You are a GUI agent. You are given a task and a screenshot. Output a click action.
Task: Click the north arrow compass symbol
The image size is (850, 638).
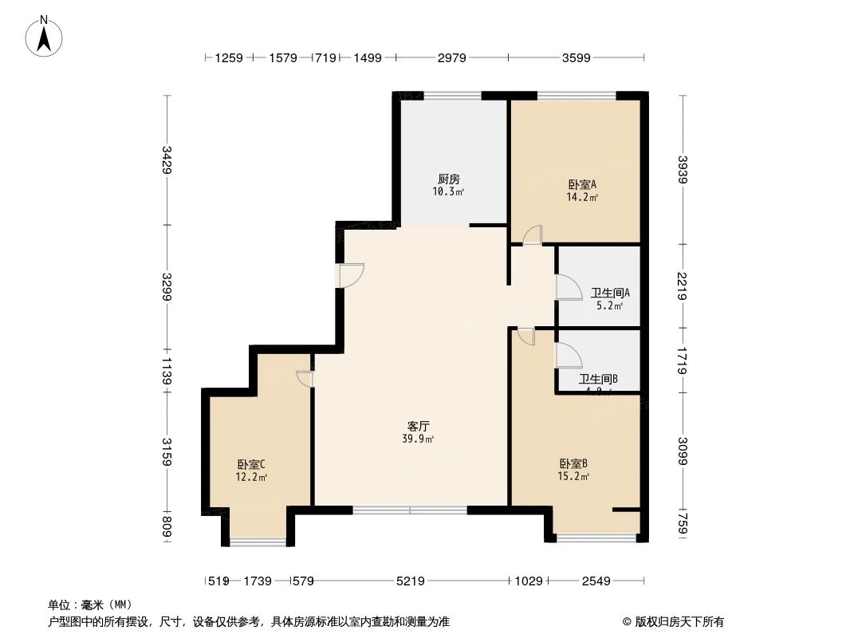pos(45,36)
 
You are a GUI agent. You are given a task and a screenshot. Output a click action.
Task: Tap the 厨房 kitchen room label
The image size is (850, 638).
pos(449,179)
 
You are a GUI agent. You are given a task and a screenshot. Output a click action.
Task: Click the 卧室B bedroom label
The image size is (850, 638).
pos(573,463)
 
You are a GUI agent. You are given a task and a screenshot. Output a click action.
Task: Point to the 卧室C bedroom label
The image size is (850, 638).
pos(250,464)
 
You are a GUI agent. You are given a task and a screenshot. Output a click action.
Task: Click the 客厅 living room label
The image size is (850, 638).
pos(419,426)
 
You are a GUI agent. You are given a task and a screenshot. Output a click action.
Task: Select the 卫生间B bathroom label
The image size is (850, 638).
pos(598,379)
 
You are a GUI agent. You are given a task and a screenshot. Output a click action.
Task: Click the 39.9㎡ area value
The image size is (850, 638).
pos(419,439)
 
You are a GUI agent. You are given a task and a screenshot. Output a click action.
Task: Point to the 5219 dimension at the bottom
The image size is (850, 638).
pos(411,581)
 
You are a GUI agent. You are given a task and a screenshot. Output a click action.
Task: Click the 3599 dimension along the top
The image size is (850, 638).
pos(577,57)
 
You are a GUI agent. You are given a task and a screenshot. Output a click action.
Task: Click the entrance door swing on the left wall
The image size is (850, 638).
pos(351,275)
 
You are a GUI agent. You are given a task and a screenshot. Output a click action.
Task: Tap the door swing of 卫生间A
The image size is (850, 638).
pos(569,287)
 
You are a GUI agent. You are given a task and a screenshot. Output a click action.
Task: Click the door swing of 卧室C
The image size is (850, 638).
pos(305,379)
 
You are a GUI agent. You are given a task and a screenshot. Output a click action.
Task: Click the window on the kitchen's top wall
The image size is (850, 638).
pos(452,96)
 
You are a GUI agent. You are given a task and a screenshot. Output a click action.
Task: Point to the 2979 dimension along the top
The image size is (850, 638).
pos(451,57)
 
